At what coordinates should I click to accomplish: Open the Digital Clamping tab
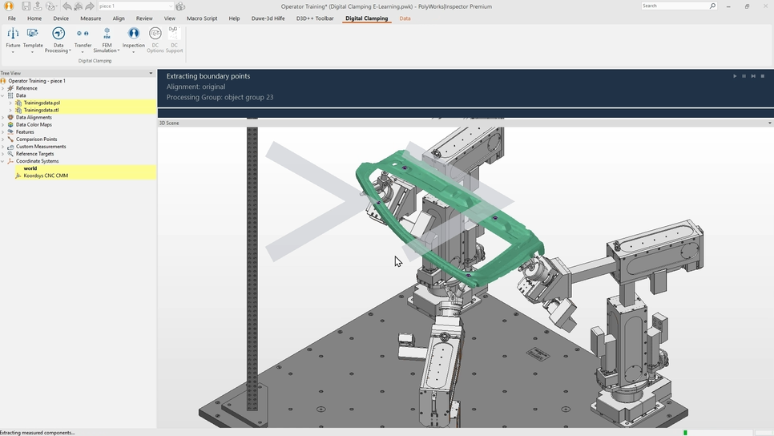click(x=366, y=18)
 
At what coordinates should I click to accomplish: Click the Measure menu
click(x=91, y=18)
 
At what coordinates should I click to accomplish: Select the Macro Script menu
click(x=202, y=18)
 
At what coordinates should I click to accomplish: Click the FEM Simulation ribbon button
click(x=107, y=39)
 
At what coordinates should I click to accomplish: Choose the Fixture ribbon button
click(x=13, y=38)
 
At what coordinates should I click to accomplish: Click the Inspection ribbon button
click(x=133, y=38)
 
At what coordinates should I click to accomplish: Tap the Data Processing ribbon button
click(x=58, y=39)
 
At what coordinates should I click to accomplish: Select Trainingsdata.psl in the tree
click(x=42, y=103)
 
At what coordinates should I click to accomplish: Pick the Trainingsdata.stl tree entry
click(x=41, y=110)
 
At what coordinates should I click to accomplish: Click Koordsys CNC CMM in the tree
click(x=46, y=176)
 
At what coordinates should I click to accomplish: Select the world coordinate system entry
click(x=30, y=168)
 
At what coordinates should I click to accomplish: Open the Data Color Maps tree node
click(x=34, y=125)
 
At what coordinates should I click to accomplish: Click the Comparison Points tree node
click(x=36, y=139)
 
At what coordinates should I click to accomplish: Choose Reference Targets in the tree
click(x=34, y=154)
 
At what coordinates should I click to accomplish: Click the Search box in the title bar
click(x=675, y=6)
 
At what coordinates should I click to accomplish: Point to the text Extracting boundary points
click(x=208, y=76)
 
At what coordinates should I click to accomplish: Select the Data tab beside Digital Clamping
click(x=405, y=18)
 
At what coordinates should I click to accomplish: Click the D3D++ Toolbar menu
click(x=315, y=18)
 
